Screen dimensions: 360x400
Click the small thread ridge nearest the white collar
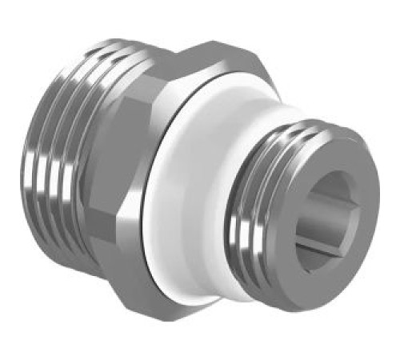[x=240, y=208]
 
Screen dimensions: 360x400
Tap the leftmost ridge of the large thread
[x=44, y=152]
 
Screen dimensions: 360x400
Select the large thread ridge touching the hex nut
[x=88, y=160]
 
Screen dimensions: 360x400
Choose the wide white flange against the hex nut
[x=180, y=208]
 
